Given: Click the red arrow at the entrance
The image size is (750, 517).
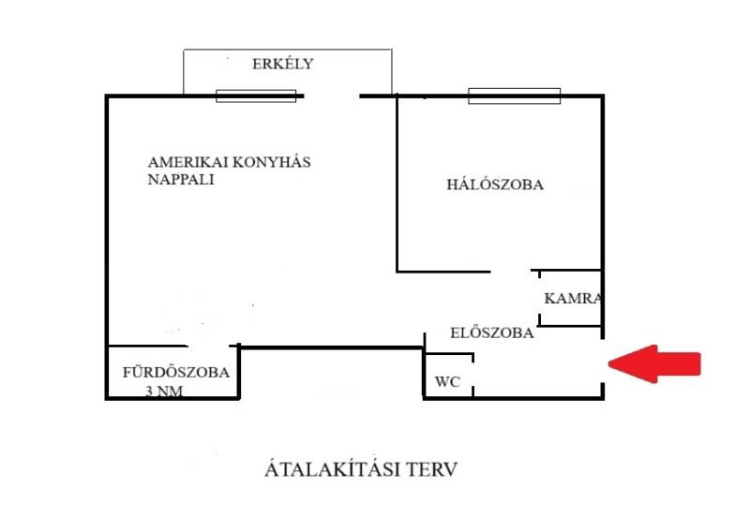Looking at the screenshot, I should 655,364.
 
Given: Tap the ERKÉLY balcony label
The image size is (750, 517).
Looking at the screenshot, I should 281,65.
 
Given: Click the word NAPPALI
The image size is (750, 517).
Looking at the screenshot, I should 181,180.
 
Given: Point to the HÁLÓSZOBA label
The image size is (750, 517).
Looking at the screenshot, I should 494,185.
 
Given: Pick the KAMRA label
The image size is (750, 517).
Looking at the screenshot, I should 572,299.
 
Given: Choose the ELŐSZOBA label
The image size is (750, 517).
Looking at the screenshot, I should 492,332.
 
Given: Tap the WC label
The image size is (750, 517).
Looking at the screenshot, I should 444,382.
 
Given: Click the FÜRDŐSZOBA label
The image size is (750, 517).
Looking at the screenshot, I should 175,372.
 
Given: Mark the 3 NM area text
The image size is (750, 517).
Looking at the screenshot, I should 165,391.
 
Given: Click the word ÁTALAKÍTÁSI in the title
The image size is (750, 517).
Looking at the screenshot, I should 325,468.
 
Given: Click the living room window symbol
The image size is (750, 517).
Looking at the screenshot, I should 256,96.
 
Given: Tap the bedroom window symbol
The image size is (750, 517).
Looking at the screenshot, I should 514,96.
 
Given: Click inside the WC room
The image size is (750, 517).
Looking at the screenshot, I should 449,375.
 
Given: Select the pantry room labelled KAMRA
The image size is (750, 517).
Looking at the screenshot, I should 570,298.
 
